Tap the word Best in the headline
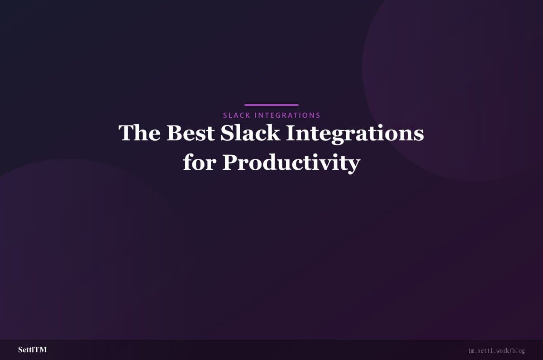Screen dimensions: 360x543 [190, 133]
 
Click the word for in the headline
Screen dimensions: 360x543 [199, 163]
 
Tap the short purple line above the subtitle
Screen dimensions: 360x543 [271, 105]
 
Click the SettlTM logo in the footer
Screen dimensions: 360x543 [32, 350]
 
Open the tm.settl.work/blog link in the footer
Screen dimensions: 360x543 [496, 350]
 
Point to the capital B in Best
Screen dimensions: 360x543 [174, 133]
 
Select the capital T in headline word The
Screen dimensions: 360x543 [126, 133]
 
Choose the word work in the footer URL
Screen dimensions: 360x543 [502, 350]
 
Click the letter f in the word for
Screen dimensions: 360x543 [187, 162]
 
